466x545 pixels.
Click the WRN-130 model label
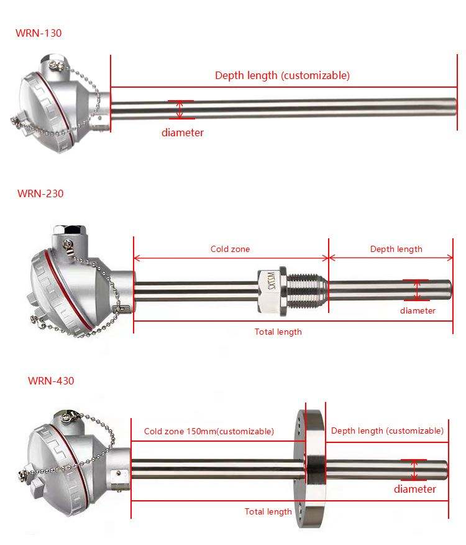[39, 32]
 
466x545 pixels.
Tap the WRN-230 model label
[40, 193]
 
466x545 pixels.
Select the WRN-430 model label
[51, 381]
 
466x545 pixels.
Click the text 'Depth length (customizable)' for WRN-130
[282, 75]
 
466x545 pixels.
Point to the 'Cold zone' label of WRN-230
[230, 249]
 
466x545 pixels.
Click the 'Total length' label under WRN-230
[278, 332]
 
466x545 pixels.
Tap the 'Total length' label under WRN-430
[268, 511]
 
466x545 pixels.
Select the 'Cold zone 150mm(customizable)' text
[209, 431]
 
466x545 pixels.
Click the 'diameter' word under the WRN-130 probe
[183, 133]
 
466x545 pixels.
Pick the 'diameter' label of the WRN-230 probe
[418, 310]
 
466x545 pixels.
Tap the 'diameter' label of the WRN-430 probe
[415, 489]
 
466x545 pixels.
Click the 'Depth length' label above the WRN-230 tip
[396, 249]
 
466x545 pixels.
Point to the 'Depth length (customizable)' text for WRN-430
[387, 431]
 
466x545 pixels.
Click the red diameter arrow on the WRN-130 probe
[180, 110]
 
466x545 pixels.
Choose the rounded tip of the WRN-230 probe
[449, 289]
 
